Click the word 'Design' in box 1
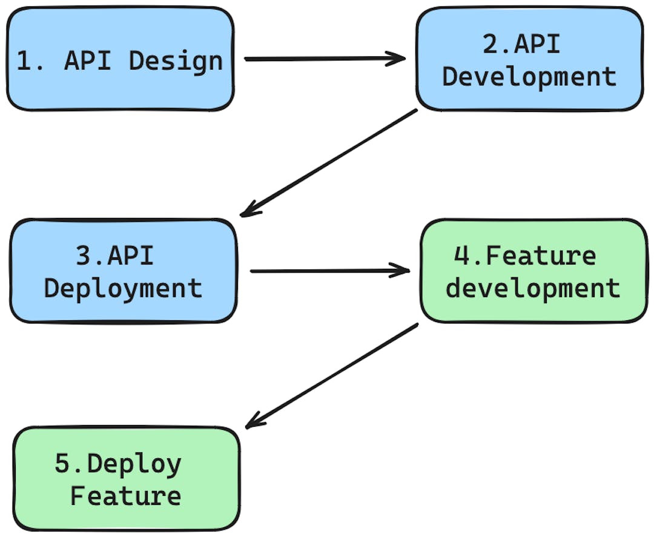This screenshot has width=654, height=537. point(176,62)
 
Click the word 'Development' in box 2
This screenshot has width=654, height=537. point(529,77)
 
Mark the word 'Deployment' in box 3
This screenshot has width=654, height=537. point(123,288)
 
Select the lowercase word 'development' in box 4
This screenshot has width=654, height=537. point(533,288)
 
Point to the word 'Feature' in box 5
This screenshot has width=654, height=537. point(126,496)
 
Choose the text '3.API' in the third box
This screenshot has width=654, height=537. point(115,255)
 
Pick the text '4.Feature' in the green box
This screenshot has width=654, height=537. point(525,255)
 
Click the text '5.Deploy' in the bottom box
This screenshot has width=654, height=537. point(118,464)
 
